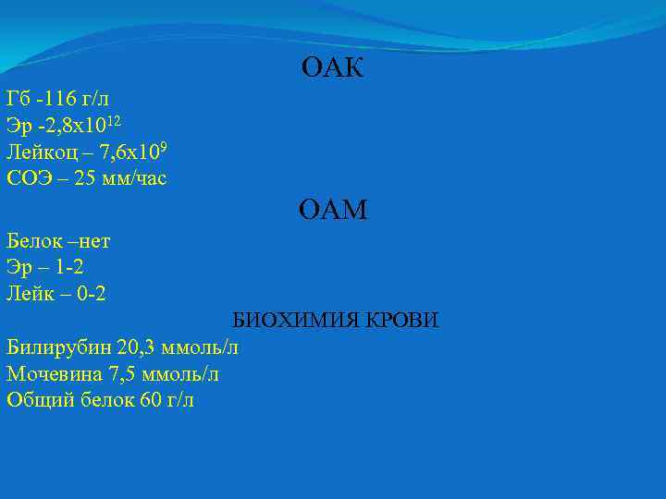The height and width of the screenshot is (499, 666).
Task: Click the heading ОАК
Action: click(x=333, y=67)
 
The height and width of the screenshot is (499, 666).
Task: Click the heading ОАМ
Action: click(x=333, y=212)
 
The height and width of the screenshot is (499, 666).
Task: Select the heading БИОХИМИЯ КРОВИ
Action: click(x=335, y=321)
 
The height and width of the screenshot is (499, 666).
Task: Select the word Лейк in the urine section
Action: click(x=31, y=294)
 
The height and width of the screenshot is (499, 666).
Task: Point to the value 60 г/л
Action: click(x=166, y=400)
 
